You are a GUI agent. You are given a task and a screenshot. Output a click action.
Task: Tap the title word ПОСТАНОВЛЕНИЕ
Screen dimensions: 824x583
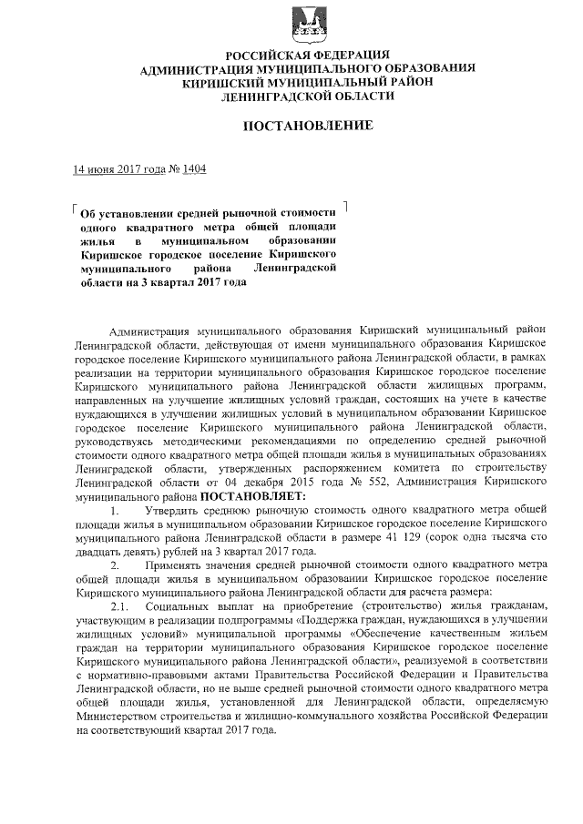pyautogui.click(x=308, y=125)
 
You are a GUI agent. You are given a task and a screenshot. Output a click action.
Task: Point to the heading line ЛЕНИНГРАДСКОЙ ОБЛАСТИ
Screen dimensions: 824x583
pyautogui.click(x=308, y=95)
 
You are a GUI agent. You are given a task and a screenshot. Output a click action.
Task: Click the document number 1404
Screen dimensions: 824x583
pyautogui.click(x=195, y=168)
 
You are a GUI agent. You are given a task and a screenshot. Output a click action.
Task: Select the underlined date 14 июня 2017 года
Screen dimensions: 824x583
pyautogui.click(x=118, y=168)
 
